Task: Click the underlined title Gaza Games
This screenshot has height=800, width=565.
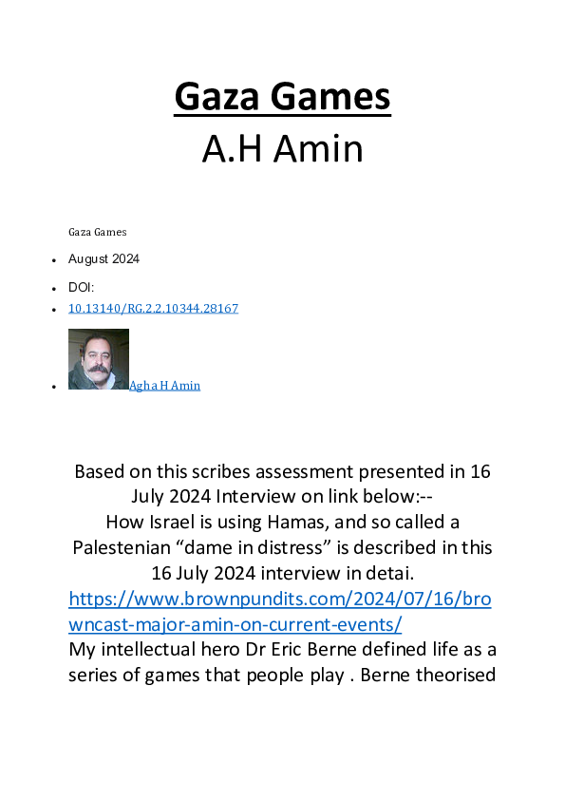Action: coord(282,98)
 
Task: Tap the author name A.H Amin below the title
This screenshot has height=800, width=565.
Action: coord(282,148)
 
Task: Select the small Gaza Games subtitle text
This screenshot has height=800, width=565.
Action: coord(97,232)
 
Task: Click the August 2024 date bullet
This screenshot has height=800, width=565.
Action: coord(104,258)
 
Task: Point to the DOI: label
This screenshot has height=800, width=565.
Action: coord(81,286)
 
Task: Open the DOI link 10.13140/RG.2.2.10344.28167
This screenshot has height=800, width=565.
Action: coord(153,309)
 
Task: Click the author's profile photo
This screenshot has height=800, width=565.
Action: coord(99,358)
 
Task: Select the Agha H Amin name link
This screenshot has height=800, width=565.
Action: coord(164,386)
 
